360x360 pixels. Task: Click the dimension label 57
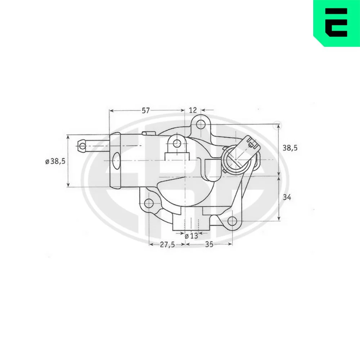tap(145, 111)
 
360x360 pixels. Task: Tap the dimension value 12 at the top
tap(193, 110)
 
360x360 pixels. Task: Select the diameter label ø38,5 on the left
tap(55, 161)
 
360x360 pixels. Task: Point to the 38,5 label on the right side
tap(290, 148)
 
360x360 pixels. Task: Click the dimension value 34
tap(287, 197)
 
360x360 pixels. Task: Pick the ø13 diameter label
tap(191, 236)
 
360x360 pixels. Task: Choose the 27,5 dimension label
tap(167, 245)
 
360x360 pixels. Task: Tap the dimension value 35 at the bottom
tap(209, 244)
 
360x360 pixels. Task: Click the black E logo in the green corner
tap(336, 22)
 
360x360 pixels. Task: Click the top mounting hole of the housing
tap(201, 125)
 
